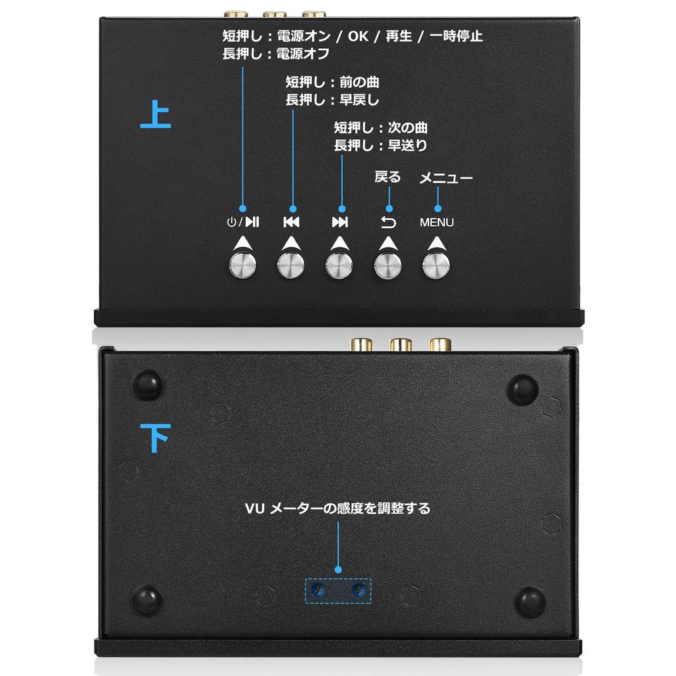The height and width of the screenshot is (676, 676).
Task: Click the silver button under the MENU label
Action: click(x=436, y=265)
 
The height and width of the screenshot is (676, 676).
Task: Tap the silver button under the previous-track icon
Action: click(x=291, y=265)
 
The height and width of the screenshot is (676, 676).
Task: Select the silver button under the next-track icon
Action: click(x=339, y=265)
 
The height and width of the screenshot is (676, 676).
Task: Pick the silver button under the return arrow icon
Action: click(x=388, y=265)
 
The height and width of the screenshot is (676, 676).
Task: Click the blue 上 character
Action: click(x=156, y=115)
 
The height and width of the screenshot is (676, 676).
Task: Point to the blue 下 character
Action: click(x=156, y=436)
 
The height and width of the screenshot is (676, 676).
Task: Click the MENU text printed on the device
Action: click(x=436, y=222)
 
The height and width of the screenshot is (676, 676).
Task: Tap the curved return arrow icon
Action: click(x=388, y=222)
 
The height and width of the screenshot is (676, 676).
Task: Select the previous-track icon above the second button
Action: click(x=291, y=222)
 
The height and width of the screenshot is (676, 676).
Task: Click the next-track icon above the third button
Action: click(x=339, y=222)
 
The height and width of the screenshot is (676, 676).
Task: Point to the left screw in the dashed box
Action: click(x=320, y=590)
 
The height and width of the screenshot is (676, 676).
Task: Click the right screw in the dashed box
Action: click(x=358, y=590)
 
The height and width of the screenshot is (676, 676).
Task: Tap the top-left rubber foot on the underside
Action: click(x=147, y=384)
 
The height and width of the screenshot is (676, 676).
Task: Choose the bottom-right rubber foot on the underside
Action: click(x=530, y=601)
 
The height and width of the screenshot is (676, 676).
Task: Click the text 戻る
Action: click(x=388, y=176)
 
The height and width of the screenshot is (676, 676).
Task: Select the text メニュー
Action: click(x=446, y=178)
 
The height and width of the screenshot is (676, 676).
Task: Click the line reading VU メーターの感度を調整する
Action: click(x=337, y=508)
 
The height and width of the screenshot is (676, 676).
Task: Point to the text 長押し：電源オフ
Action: click(x=275, y=54)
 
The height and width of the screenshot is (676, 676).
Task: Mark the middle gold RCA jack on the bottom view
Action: click(x=400, y=345)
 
